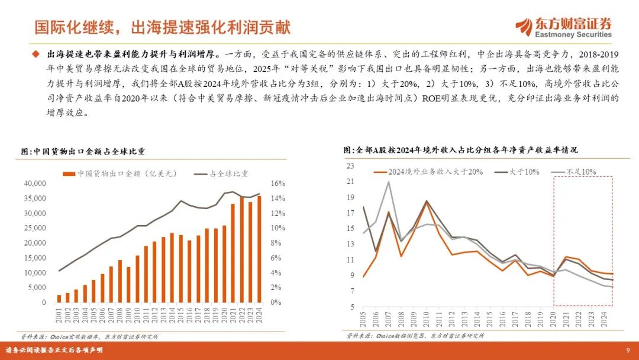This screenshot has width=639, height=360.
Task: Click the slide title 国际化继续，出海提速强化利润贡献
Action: [162, 27]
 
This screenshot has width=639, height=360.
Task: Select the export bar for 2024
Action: [259, 249]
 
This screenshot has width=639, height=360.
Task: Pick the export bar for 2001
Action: [59, 298]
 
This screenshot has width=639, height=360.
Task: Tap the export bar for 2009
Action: [128, 285]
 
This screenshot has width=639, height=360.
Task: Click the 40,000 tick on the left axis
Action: [34, 184]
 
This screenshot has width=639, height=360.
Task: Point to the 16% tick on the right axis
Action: [277, 184]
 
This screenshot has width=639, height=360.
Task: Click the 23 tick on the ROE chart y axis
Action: [350, 166]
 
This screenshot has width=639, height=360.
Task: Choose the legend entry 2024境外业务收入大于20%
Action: [430, 172]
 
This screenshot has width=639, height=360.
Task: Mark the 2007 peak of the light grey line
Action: [388, 181]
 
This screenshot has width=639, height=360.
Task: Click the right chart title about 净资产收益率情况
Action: [461, 150]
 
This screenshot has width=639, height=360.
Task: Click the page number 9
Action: [627, 349]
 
